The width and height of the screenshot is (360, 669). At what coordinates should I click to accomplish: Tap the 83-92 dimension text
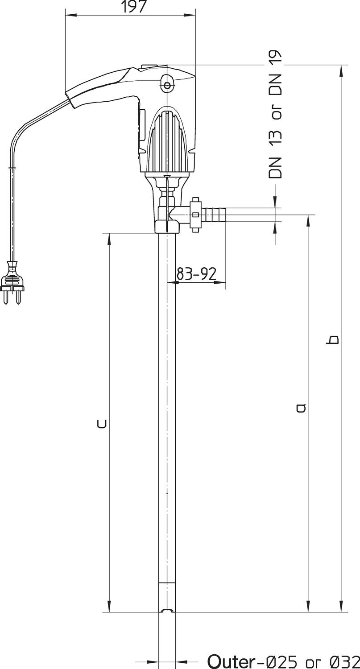[196, 273]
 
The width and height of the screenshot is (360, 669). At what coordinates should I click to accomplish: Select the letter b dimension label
[333, 339]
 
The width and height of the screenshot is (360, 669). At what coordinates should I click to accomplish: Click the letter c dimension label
[102, 424]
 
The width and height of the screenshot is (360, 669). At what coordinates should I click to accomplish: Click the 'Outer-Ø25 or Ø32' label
[284, 661]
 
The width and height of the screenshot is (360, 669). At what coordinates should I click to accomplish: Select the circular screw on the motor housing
[167, 86]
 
